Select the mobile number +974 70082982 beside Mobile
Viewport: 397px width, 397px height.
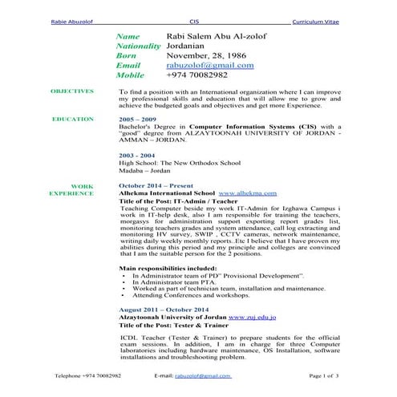(x=196, y=75)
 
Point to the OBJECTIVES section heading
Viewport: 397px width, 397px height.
(x=71, y=91)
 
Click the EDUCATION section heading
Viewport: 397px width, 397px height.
(x=72, y=119)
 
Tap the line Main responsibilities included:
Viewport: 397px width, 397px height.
(x=168, y=267)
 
